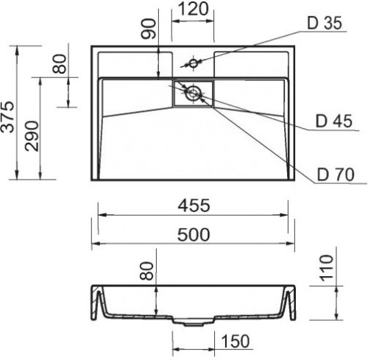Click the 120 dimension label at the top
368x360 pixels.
193,10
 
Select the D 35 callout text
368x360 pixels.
325,23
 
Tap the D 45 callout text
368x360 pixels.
334,121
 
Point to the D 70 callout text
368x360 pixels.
336,174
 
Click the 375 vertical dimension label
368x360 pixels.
7,117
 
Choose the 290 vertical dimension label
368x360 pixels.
32,136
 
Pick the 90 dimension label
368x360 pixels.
149,29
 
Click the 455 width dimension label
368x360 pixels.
194,205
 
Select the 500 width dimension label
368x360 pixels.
194,235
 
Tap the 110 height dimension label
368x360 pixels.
327,268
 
